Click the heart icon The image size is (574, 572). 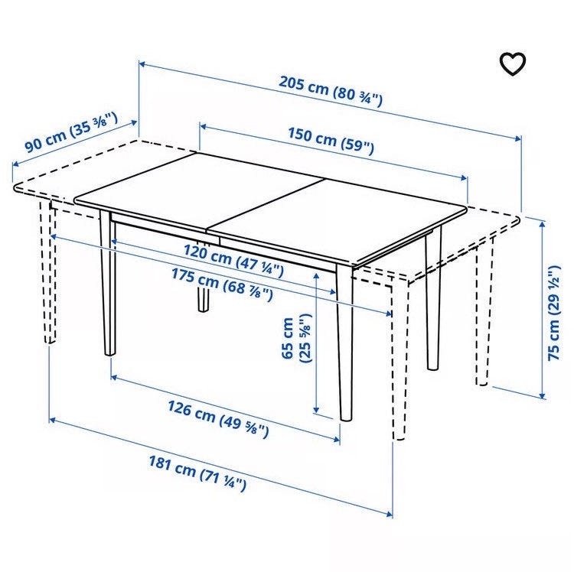pyautogui.click(x=513, y=64)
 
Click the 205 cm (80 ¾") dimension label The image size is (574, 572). pyautogui.click(x=330, y=91)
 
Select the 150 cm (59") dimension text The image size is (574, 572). pyautogui.click(x=331, y=140)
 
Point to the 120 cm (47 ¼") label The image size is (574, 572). pyautogui.click(x=233, y=261)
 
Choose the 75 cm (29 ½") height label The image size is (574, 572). pyautogui.click(x=554, y=313)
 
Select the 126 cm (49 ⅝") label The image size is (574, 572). pyautogui.click(x=218, y=419)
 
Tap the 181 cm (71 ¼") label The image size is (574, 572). pyautogui.click(x=197, y=473)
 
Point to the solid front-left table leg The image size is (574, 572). pyautogui.click(x=108, y=284)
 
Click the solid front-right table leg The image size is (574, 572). pyautogui.click(x=345, y=343)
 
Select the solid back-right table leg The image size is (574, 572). pyautogui.click(x=433, y=300)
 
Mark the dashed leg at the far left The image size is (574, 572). pyautogui.click(x=48, y=271)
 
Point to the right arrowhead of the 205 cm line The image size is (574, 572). pyautogui.click(x=518, y=138)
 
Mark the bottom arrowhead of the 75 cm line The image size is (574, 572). pyautogui.click(x=543, y=395)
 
